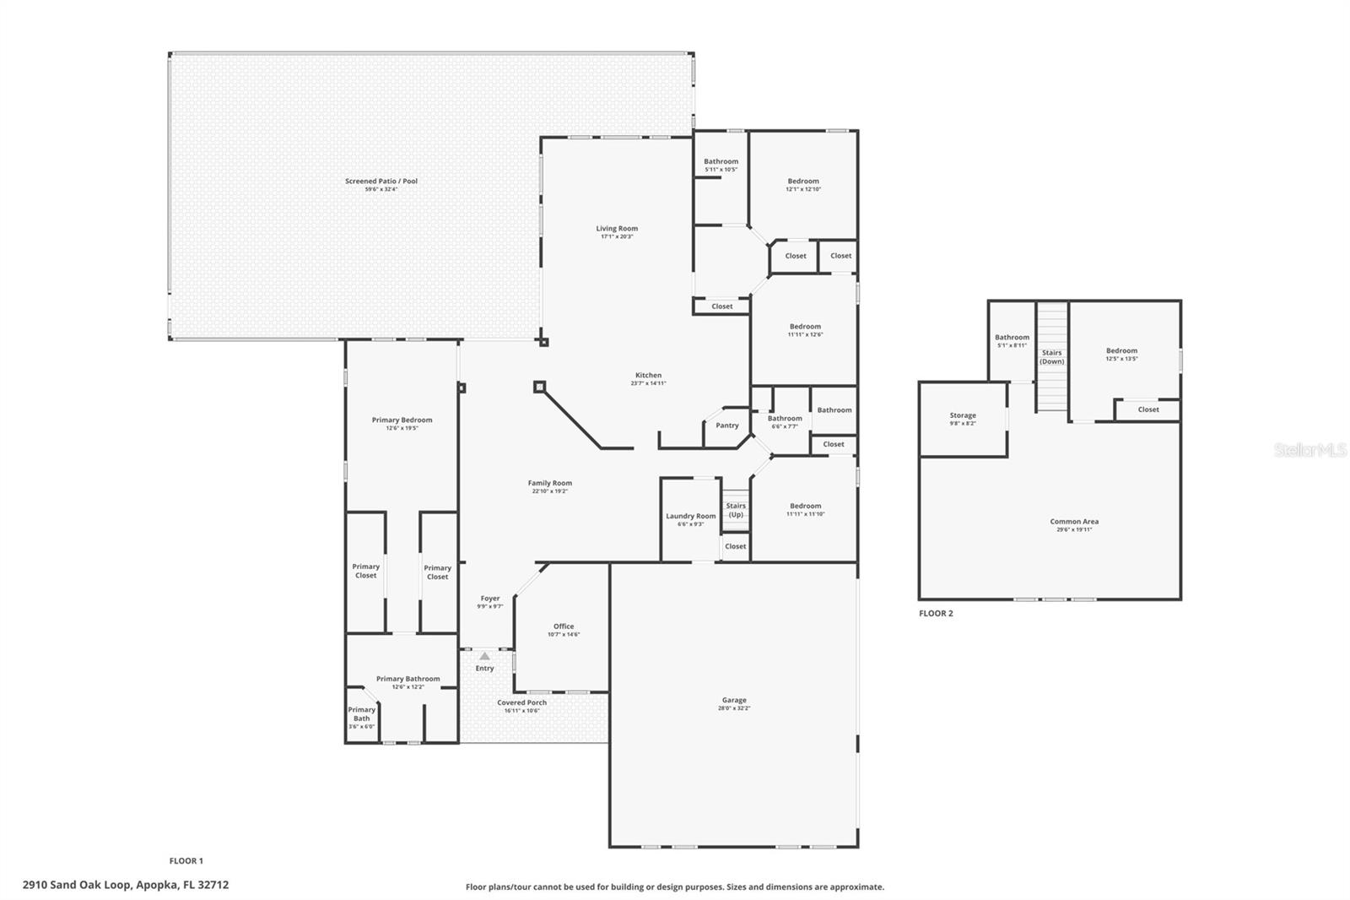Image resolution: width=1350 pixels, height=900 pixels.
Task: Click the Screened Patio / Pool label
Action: [381, 182]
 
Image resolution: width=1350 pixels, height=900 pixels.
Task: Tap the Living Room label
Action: [617, 229]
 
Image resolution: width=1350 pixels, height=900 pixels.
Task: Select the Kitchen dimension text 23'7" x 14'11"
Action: [648, 383]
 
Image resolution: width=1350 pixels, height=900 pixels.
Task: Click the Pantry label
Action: [726, 426]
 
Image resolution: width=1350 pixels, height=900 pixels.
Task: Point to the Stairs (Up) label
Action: [736, 510]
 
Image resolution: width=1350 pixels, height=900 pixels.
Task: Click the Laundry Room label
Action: [690, 516]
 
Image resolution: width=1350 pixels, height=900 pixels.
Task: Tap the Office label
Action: [564, 626]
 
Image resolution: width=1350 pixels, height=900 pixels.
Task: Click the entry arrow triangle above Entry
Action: [484, 656]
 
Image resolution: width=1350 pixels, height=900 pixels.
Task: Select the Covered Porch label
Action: [521, 702]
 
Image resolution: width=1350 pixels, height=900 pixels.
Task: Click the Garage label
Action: [733, 700]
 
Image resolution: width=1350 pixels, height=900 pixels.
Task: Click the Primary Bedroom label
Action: [402, 420]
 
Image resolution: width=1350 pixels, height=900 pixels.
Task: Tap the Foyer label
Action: [490, 599]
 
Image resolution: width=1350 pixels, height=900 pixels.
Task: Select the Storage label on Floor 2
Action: [963, 415]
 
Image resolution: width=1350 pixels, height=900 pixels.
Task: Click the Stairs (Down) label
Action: [1051, 357]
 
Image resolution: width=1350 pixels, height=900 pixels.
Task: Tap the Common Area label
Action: [1074, 522]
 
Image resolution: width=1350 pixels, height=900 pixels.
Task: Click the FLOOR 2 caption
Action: [936, 614]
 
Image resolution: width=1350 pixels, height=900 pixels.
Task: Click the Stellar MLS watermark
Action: [1309, 451]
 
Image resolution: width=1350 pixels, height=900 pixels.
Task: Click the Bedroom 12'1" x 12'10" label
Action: [803, 182]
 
